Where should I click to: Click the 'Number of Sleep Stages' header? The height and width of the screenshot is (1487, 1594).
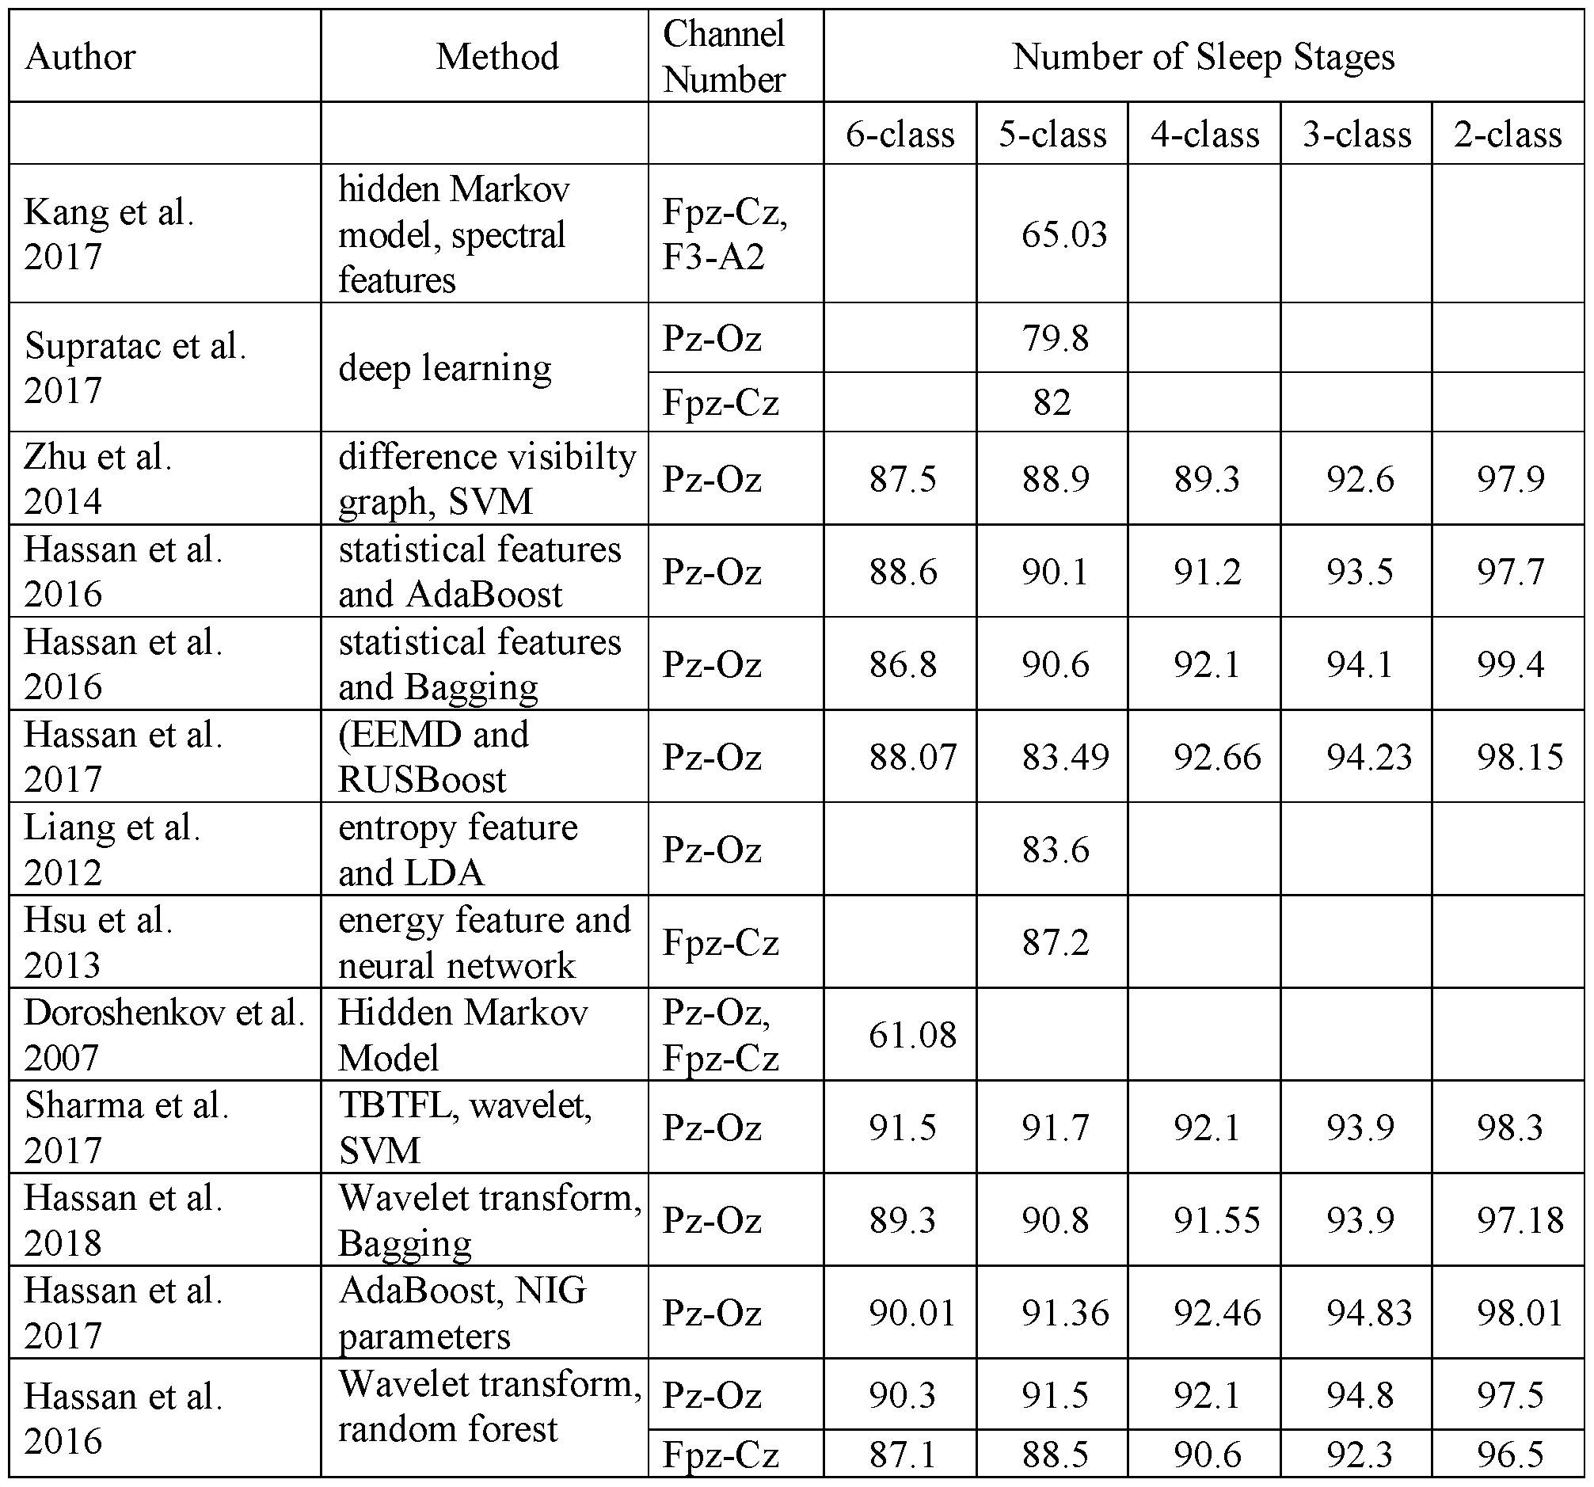tap(1203, 57)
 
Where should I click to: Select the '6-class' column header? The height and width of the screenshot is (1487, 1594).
tap(900, 134)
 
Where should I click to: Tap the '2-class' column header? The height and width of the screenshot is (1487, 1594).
tap(1508, 134)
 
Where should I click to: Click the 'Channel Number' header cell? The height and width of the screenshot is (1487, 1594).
tap(724, 57)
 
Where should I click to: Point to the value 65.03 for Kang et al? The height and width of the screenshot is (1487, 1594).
tap(1064, 234)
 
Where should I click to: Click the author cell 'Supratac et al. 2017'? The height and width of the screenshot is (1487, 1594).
tap(135, 367)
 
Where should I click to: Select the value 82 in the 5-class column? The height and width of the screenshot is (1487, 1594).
tap(1052, 401)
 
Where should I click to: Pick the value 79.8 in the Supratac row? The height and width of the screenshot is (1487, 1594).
tap(1056, 337)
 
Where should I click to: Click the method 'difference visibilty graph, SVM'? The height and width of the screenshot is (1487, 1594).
tap(487, 478)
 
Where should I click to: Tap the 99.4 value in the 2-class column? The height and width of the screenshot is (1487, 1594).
tap(1511, 664)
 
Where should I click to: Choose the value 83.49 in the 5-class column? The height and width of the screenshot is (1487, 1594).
tap(1065, 757)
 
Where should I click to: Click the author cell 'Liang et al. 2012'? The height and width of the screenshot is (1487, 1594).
tap(112, 849)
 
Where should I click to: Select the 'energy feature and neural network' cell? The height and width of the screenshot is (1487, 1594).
tap(485, 942)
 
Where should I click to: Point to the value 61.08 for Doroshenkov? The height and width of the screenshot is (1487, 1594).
tap(912, 1035)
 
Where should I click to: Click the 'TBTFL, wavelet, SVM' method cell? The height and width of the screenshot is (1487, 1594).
tap(465, 1127)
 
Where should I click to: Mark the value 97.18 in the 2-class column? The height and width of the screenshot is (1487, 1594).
tap(1520, 1220)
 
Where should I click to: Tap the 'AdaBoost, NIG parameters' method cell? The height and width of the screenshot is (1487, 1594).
tap(462, 1313)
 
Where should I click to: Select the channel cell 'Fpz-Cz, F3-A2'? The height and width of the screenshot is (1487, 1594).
tap(725, 234)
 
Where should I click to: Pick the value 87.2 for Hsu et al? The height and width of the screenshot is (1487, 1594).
tap(1056, 942)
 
